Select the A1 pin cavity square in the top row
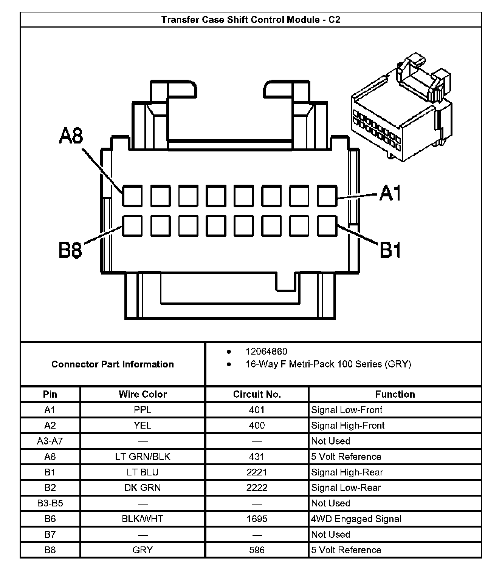click(327, 196)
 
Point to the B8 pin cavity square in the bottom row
click(132, 225)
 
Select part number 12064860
click(266, 352)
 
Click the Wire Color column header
click(143, 394)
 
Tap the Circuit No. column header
click(257, 394)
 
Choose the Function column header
click(395, 394)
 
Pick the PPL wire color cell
click(143, 410)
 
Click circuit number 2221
click(257, 472)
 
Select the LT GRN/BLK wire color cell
click(143, 457)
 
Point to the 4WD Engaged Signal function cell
click(356, 519)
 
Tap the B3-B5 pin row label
click(50, 503)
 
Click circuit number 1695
click(257, 519)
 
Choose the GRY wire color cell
click(143, 550)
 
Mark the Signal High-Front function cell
click(348, 426)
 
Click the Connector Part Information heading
click(113, 364)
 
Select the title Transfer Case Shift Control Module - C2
click(251, 20)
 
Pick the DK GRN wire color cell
click(143, 488)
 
